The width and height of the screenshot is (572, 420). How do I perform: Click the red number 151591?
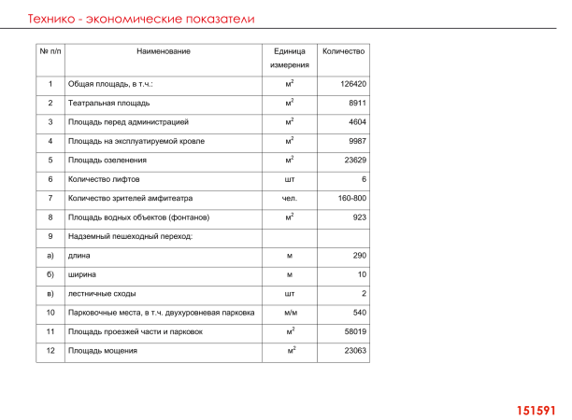(536, 410)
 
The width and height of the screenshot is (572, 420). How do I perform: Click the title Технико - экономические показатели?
(142, 19)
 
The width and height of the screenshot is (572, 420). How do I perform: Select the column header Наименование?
(163, 50)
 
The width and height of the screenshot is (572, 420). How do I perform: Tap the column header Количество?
(343, 50)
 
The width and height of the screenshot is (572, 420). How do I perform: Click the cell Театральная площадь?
(108, 103)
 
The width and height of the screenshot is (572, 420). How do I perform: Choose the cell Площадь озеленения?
(107, 161)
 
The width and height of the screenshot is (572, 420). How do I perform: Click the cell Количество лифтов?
(106, 179)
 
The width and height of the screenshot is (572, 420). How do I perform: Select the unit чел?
(290, 198)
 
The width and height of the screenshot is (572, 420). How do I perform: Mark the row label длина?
(79, 256)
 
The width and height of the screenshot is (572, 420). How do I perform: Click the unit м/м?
(290, 313)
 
